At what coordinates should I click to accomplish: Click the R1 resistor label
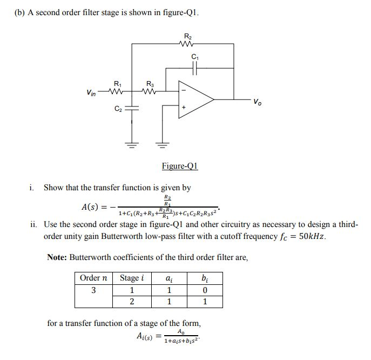tap(117, 83)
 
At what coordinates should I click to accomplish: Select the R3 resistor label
tap(151, 83)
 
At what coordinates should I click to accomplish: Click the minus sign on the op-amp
tap(183, 89)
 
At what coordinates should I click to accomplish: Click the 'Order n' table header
tap(93, 278)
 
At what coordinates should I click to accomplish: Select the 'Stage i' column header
tap(132, 278)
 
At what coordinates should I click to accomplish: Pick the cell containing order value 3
tap(93, 290)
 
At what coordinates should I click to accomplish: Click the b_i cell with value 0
tap(204, 290)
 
